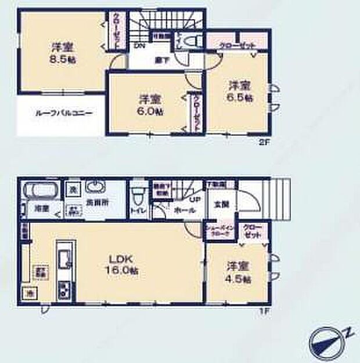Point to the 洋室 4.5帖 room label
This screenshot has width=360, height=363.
tap(239, 273)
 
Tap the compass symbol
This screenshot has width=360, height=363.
tap(325, 339)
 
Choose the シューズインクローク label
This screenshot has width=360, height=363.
tap(219, 230)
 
